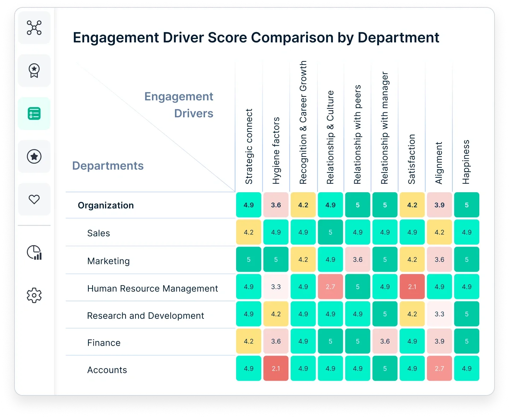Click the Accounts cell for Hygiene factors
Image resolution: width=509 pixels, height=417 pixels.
click(x=276, y=368)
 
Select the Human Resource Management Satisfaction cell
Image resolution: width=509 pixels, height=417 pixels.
click(x=412, y=287)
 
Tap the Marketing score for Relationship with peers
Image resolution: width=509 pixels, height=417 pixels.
click(x=358, y=259)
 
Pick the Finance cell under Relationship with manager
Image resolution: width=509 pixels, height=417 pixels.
click(x=385, y=341)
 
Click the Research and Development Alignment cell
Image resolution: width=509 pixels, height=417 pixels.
click(x=439, y=314)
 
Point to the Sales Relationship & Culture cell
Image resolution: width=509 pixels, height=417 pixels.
click(x=330, y=232)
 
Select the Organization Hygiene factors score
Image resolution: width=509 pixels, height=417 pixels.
click(x=276, y=205)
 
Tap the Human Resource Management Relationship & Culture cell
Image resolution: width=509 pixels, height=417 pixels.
click(x=330, y=287)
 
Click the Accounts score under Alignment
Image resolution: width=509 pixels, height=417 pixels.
click(x=439, y=368)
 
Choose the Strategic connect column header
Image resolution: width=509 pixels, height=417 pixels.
click(x=249, y=146)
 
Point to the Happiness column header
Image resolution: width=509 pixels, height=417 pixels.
click(x=466, y=162)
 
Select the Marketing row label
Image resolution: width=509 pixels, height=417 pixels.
click(x=109, y=261)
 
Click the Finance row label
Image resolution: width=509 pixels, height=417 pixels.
click(x=104, y=343)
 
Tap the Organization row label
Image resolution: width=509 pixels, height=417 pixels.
click(x=106, y=205)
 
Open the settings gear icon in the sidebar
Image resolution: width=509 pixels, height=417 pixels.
click(x=34, y=295)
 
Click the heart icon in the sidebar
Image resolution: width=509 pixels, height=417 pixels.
click(x=34, y=199)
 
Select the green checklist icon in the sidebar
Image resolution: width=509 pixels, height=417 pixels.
click(x=34, y=113)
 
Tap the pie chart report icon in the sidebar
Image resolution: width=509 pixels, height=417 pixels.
click(x=34, y=252)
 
